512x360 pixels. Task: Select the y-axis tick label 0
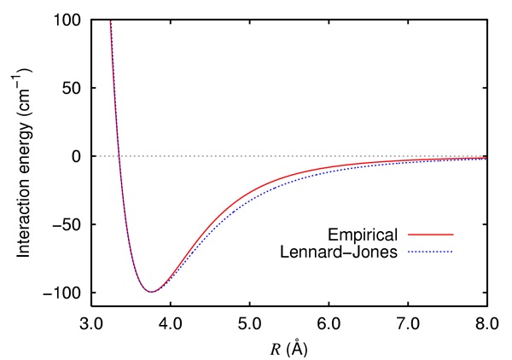click(78, 157)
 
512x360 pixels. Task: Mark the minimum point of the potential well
click(151, 292)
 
